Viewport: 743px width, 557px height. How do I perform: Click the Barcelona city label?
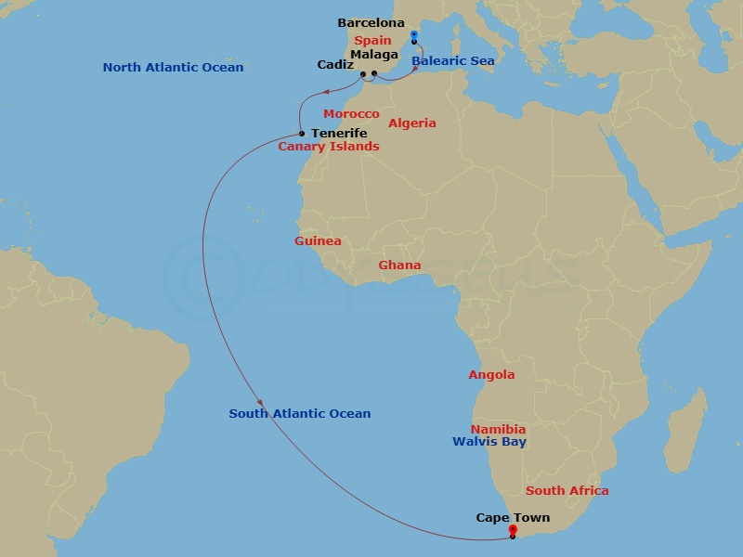[371, 22]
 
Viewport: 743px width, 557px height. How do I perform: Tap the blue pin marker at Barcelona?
[414, 36]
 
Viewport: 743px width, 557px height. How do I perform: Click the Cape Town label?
[513, 518]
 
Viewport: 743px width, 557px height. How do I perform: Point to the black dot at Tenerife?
[302, 134]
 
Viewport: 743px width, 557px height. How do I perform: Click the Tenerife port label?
[339, 134]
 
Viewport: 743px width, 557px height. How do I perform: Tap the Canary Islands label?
[329, 147]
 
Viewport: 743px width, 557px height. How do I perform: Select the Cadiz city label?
[334, 65]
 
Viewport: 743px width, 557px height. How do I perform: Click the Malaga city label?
[374, 55]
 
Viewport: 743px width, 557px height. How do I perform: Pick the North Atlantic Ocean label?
[173, 68]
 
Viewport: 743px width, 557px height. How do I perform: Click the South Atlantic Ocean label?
[300, 414]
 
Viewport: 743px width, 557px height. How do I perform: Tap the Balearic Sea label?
[453, 60]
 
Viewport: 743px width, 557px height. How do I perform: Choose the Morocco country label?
[351, 114]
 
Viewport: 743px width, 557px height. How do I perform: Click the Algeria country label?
[411, 123]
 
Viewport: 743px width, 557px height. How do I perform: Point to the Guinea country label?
[318, 241]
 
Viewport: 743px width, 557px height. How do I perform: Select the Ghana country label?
[399, 266]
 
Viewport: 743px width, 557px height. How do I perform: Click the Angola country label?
[491, 375]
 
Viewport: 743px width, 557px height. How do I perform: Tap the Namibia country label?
[498, 430]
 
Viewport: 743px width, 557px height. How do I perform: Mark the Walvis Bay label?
[489, 442]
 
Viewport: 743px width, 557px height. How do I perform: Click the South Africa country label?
[567, 491]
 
